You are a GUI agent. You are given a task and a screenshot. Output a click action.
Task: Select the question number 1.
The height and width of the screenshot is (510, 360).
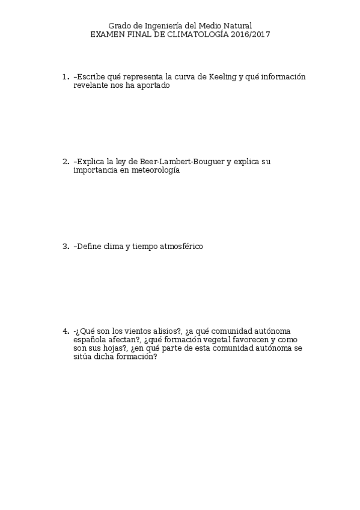pos(65,77)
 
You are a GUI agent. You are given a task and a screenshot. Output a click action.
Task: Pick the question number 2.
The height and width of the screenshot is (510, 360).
pos(65,162)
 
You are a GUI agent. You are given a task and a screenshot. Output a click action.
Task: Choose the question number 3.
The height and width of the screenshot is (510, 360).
pos(65,247)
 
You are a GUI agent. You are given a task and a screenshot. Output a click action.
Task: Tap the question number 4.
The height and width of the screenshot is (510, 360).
pos(65,331)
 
